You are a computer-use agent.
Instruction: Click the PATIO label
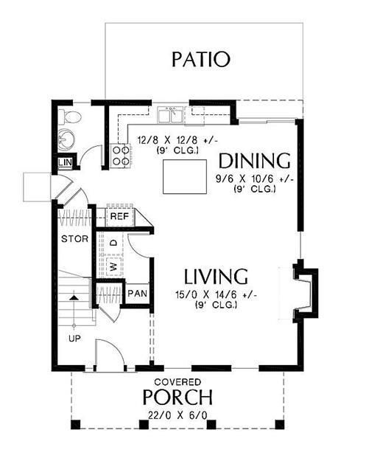[x=200, y=59]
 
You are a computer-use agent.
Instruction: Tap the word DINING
[x=254, y=161]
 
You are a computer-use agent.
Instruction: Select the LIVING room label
[x=215, y=277]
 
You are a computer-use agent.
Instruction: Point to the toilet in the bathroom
[x=71, y=117]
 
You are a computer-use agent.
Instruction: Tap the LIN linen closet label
[x=65, y=162]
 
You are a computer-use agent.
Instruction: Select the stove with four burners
[x=121, y=156]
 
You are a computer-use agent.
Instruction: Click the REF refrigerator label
[x=119, y=217]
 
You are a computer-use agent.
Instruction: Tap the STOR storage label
[x=74, y=239]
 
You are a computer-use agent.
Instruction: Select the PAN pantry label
[x=137, y=293]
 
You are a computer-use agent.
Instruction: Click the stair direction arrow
[x=74, y=299]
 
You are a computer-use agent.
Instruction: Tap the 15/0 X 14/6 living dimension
[x=217, y=297]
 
